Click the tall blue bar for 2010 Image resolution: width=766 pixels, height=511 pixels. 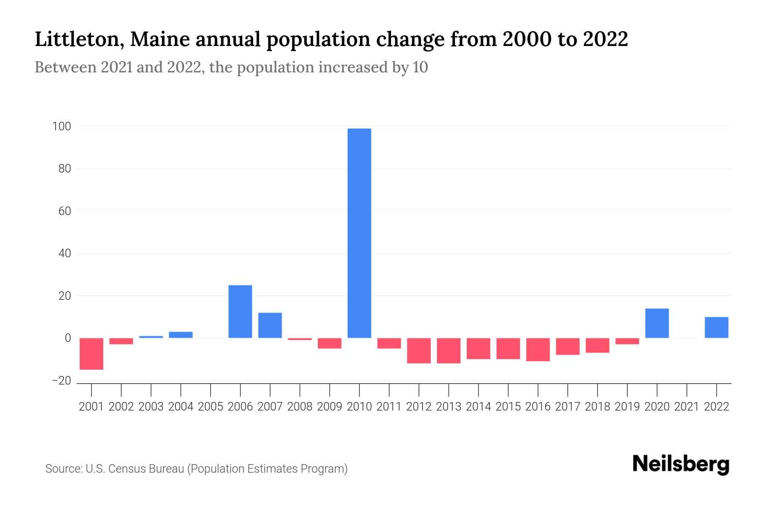(x=359, y=233)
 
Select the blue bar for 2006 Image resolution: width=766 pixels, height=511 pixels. (x=240, y=311)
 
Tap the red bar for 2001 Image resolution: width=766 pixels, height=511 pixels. (x=91, y=353)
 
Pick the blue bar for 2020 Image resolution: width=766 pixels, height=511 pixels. (x=657, y=323)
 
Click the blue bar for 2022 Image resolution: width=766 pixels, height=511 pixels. (x=716, y=327)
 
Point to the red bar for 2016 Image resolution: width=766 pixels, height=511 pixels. (x=538, y=349)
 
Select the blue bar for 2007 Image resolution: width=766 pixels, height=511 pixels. (x=270, y=325)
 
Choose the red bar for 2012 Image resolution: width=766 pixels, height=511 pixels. (x=419, y=350)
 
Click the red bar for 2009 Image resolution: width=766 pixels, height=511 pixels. (x=329, y=343)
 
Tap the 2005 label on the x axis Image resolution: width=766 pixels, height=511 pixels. (x=211, y=407)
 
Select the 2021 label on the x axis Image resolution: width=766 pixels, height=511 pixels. (x=686, y=407)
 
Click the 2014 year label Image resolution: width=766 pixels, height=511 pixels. (x=478, y=407)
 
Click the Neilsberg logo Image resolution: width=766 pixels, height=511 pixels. (x=681, y=465)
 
